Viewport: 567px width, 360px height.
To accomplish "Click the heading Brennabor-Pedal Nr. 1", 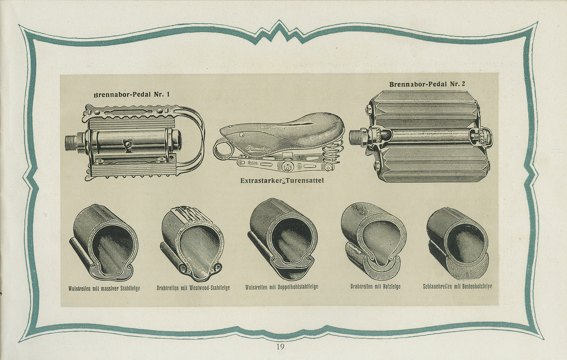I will point(132,94).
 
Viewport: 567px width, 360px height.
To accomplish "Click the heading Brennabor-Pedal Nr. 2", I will point(427,84).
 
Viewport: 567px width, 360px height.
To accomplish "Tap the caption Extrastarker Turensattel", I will point(283,181).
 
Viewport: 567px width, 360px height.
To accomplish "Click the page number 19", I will point(280,347).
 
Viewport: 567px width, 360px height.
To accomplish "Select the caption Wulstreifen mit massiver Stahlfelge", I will point(104,288).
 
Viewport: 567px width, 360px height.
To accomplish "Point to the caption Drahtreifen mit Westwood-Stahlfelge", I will point(193,288).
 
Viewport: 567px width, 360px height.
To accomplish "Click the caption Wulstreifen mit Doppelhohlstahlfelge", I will point(282,287).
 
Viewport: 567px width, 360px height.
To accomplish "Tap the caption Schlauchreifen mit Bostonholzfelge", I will point(457,286).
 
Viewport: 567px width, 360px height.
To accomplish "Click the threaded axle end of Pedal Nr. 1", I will point(72,138).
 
